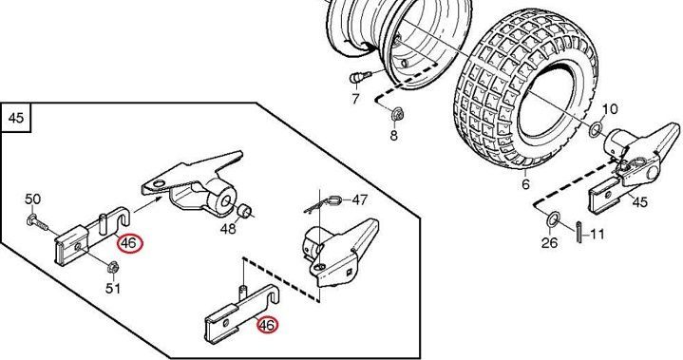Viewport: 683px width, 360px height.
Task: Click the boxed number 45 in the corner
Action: pos(16,118)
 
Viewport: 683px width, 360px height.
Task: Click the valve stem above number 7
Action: pos(359,78)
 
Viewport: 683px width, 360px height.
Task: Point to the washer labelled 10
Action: pos(596,129)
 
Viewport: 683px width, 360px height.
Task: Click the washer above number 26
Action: pos(553,219)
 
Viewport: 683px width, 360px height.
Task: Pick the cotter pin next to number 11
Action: pos(579,233)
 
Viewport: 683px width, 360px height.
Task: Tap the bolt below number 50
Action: pos(38,222)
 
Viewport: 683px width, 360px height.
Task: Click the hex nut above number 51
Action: pos(112,267)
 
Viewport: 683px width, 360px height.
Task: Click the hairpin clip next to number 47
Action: pos(325,204)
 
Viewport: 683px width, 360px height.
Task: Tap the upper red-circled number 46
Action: pos(129,243)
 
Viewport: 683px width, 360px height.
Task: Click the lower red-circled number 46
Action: pos(267,325)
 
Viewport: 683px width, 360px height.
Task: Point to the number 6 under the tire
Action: pos(525,184)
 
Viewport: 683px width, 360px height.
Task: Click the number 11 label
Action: pos(598,235)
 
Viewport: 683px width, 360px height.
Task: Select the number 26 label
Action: pos(549,242)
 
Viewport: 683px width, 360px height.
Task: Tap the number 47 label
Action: pos(359,199)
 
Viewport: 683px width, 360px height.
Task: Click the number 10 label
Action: pos(610,109)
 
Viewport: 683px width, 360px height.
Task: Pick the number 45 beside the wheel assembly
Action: pos(639,202)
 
